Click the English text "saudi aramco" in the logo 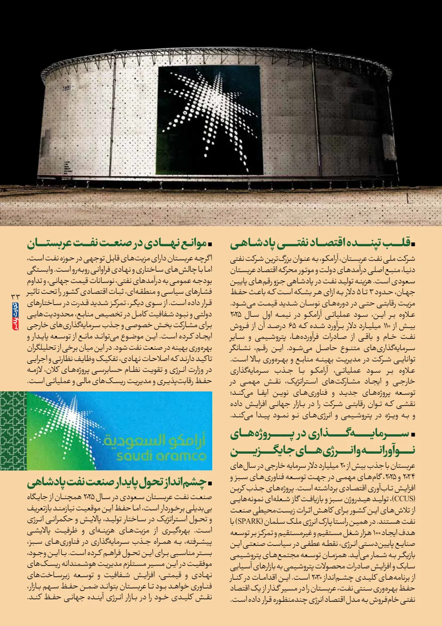(x=161, y=456)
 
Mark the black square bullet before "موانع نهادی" (x=210, y=243)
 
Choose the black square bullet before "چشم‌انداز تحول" (x=210, y=483)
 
